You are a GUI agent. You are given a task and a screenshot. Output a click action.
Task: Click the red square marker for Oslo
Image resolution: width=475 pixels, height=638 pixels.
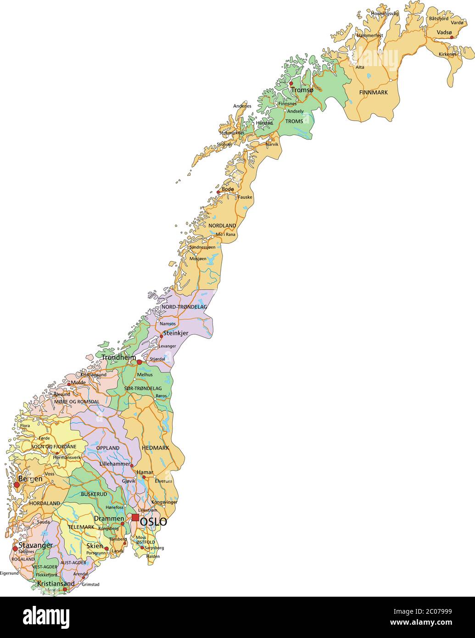pyautogui.click(x=135, y=518)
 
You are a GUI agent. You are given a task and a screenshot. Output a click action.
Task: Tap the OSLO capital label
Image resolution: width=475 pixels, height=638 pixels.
pyautogui.click(x=153, y=522)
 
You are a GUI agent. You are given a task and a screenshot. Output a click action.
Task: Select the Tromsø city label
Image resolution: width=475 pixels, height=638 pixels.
pyautogui.click(x=302, y=90)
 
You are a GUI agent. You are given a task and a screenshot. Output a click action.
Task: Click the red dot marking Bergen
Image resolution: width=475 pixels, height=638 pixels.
pyautogui.click(x=17, y=484)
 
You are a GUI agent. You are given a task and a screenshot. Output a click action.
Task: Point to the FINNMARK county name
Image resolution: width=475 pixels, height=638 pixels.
pyautogui.click(x=373, y=92)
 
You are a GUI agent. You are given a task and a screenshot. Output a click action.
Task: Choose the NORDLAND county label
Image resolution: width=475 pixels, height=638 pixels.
pyautogui.click(x=222, y=226)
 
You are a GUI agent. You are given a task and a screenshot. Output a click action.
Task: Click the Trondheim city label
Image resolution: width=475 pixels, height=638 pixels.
pyautogui.click(x=118, y=358)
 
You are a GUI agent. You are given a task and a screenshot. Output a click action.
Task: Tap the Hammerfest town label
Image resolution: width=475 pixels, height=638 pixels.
pyautogui.click(x=369, y=35)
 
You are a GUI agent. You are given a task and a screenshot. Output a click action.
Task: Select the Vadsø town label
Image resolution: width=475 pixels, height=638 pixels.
pyautogui.click(x=444, y=32)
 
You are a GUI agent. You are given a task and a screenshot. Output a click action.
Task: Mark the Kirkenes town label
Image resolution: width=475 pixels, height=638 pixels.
pyautogui.click(x=447, y=54)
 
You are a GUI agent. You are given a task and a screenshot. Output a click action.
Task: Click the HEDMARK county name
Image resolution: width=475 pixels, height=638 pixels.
pyautogui.click(x=155, y=448)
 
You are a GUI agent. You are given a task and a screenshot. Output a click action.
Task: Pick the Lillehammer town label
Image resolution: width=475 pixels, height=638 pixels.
pyautogui.click(x=115, y=464)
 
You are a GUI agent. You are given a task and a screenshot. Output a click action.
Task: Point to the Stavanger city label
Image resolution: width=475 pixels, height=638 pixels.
pyautogui.click(x=35, y=545)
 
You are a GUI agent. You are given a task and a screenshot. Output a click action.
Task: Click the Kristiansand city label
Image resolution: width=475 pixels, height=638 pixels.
pyautogui.click(x=56, y=583)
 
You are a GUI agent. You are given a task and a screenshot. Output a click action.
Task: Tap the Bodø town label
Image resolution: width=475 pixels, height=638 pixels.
pyautogui.click(x=228, y=189)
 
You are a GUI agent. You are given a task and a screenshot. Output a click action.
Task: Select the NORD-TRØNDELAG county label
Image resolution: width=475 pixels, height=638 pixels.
pyautogui.click(x=184, y=307)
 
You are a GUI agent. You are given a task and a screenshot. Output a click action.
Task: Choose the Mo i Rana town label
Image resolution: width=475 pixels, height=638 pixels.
pyautogui.click(x=225, y=235)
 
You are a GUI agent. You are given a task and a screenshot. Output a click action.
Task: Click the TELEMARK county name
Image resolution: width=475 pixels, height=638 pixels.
pyautogui.click(x=81, y=527)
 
